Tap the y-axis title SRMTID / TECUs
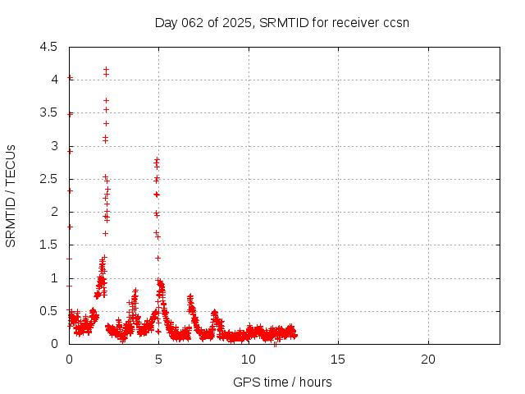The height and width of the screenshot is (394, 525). coord(11,195)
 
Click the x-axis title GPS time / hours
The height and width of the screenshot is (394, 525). coord(282,382)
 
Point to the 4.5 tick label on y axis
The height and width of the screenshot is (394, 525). coord(50,47)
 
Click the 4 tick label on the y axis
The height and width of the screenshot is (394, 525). coord(54,80)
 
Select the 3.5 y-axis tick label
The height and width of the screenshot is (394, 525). coord(50,112)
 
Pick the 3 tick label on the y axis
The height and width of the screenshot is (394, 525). coord(54,146)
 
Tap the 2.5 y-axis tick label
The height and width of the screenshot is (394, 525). coord(50,179)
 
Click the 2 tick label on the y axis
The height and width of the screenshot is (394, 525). coord(54,212)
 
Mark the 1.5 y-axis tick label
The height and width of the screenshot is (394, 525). coord(50,245)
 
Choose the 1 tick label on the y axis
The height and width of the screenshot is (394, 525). coord(54,278)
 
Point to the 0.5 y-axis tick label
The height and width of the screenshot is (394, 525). coord(50,311)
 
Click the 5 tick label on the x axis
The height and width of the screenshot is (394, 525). coord(158,360)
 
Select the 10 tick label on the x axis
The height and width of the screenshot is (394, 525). coord(249,360)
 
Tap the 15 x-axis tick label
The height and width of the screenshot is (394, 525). coord(338,360)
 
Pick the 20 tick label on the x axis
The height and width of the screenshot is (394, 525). coord(427,360)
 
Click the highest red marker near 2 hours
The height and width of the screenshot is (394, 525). coord(106,69)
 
